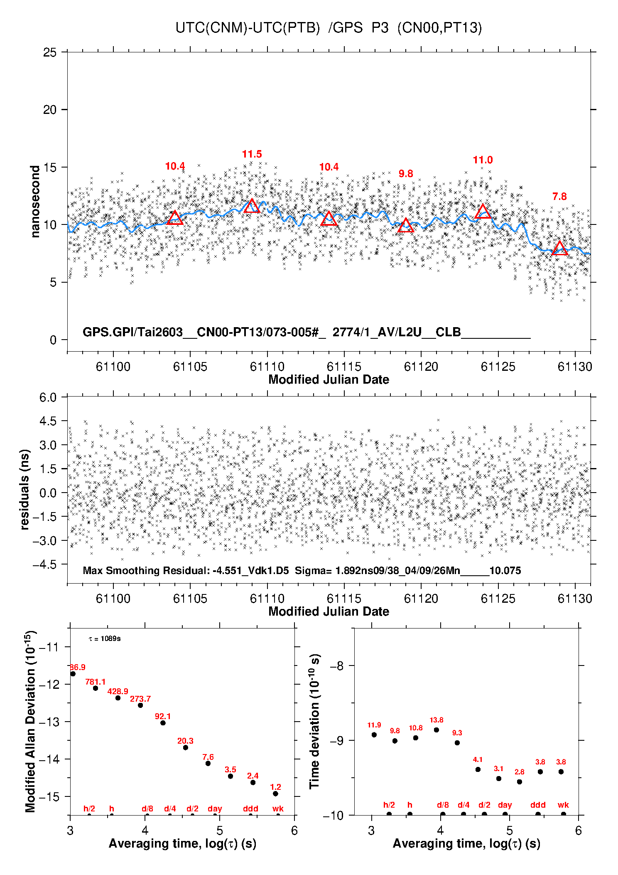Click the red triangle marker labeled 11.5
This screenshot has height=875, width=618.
252,206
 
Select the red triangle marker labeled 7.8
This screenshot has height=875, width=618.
559,248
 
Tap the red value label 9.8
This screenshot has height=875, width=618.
406,174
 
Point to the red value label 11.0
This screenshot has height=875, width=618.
483,160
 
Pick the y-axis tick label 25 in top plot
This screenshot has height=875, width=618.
50,52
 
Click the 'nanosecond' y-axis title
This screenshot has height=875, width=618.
35,202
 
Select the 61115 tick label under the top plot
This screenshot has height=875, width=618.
344,367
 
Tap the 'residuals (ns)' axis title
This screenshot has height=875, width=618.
25,489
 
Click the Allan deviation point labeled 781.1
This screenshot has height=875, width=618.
96,688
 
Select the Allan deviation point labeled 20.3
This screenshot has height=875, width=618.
186,747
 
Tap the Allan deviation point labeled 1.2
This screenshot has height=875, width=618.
275,794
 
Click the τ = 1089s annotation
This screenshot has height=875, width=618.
105,638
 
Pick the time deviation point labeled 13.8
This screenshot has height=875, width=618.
437,730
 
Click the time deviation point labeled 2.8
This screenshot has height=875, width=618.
520,782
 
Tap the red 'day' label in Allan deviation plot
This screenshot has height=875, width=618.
215,808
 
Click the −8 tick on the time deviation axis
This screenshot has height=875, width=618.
336,666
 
